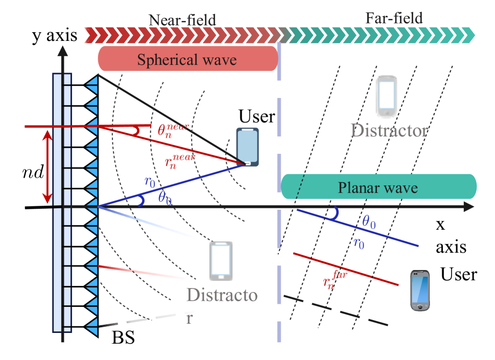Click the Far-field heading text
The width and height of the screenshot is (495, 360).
(x=394, y=19)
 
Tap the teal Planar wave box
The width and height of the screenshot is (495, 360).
(x=378, y=187)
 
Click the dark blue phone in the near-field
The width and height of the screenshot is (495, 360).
(x=248, y=147)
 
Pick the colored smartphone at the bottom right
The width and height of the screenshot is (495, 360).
(x=420, y=291)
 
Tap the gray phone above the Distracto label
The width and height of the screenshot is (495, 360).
(x=221, y=261)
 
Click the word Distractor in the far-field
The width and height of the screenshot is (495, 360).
(x=389, y=131)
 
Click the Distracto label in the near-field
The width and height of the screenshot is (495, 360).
(x=222, y=295)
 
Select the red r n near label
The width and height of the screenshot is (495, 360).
(x=179, y=160)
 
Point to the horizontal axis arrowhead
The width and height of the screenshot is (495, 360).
(x=469, y=207)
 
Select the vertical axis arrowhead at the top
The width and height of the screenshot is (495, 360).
(x=62, y=51)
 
